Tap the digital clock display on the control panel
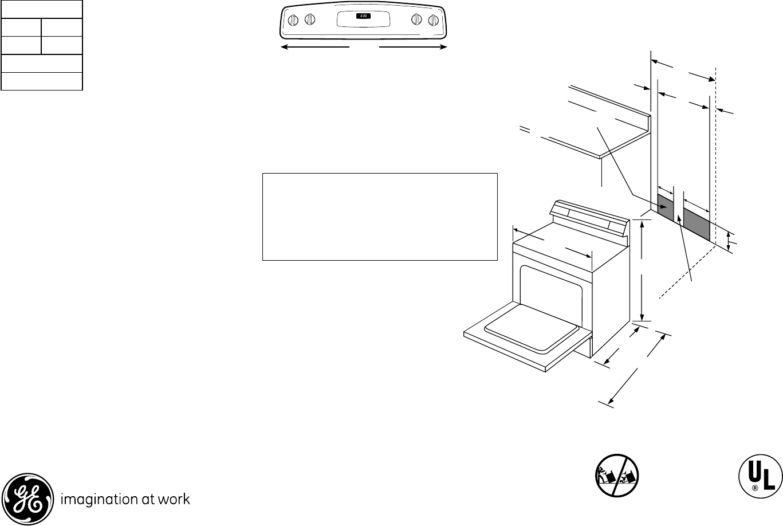coord(363,16)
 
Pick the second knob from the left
coord(309,20)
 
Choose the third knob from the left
coord(416,20)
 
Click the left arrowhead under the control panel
coord(284,46)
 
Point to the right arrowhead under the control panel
coord(443,46)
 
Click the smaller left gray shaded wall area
coord(665,208)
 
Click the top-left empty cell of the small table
coord(21,27)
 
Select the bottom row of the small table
coord(42,81)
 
